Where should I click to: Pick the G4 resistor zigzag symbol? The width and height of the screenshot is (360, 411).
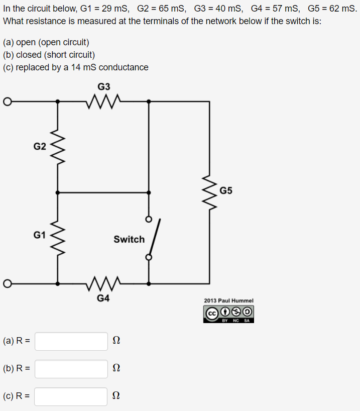[x=103, y=283]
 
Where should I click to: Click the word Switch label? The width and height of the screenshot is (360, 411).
[x=129, y=239]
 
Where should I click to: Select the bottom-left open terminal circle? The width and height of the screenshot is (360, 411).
[x=7, y=283]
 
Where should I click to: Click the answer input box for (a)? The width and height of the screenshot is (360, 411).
[x=71, y=341]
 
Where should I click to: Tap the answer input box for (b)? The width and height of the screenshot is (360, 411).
[x=71, y=369]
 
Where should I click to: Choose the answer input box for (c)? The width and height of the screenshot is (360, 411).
[x=71, y=396]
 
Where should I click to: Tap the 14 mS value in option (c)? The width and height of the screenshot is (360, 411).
[x=82, y=67]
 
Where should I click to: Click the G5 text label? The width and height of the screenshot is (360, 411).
[x=226, y=191]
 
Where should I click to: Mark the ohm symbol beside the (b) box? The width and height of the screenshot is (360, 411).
[x=116, y=369]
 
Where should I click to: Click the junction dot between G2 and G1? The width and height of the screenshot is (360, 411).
[x=58, y=192]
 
